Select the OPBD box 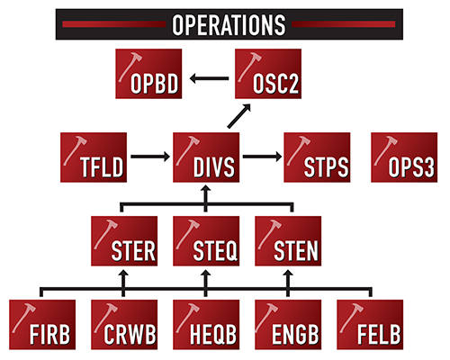(x=151, y=75)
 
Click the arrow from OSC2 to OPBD (x=210, y=77)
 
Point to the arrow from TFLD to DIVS (x=149, y=158)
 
